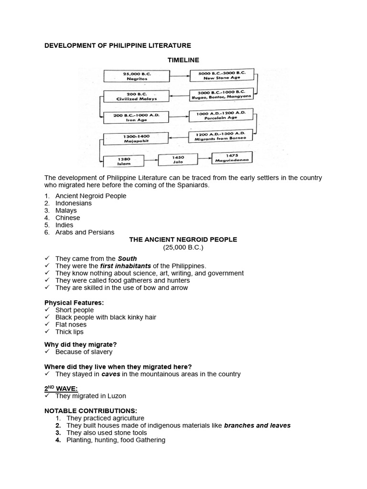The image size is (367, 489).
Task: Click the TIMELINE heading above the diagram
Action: point(183,60)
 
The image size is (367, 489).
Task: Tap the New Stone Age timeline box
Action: point(222,75)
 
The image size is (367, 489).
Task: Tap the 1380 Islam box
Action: point(123,161)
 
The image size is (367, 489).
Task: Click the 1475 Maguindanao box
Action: point(233,158)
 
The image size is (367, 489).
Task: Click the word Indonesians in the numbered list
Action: point(74,203)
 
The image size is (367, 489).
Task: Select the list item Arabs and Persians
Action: point(85,232)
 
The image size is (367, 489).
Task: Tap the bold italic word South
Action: point(128,258)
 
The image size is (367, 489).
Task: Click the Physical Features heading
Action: point(74,303)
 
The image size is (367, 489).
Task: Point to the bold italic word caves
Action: point(110,374)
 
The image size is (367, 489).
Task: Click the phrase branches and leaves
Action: point(257,425)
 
